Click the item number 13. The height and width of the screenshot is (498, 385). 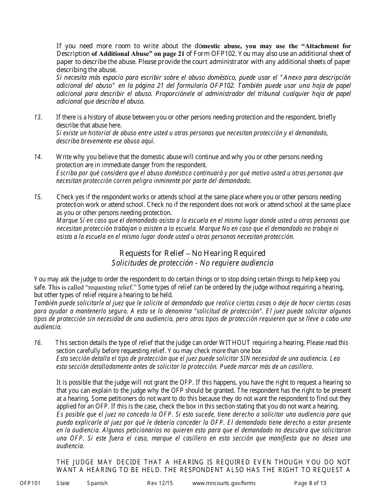point(38,117)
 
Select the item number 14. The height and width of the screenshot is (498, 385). point(38,157)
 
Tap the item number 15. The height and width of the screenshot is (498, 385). point(38,197)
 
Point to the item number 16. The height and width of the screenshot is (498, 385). point(38,343)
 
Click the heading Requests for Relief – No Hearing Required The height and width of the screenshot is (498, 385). point(192,253)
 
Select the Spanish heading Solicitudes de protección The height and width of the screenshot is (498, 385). point(192,263)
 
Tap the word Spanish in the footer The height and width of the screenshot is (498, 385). point(97,483)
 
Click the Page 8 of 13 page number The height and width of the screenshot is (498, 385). point(310,483)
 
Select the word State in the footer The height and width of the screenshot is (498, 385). point(63,483)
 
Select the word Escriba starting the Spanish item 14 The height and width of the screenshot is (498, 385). point(66,173)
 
